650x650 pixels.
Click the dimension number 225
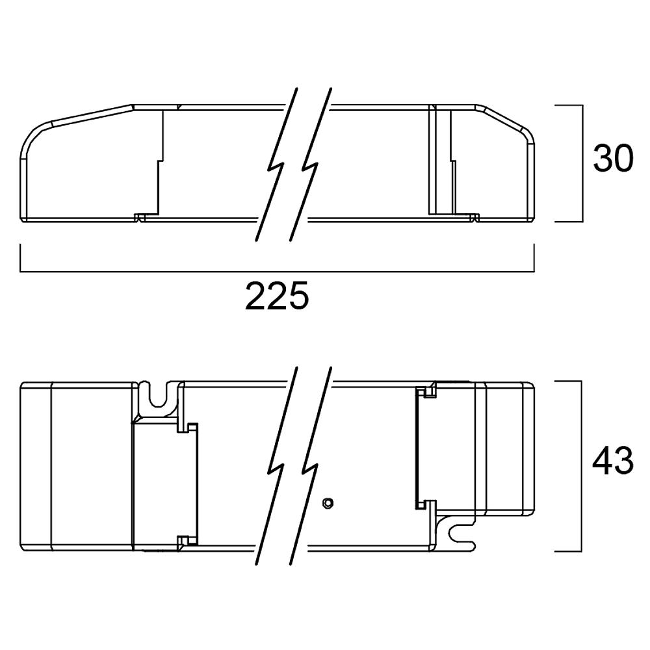point(277,296)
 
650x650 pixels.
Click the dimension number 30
point(613,159)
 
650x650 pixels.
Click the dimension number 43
point(613,461)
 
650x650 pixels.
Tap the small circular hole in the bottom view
point(328,503)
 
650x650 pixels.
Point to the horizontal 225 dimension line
point(277,272)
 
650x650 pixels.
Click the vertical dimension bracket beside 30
point(582,163)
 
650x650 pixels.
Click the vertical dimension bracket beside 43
point(581,466)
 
